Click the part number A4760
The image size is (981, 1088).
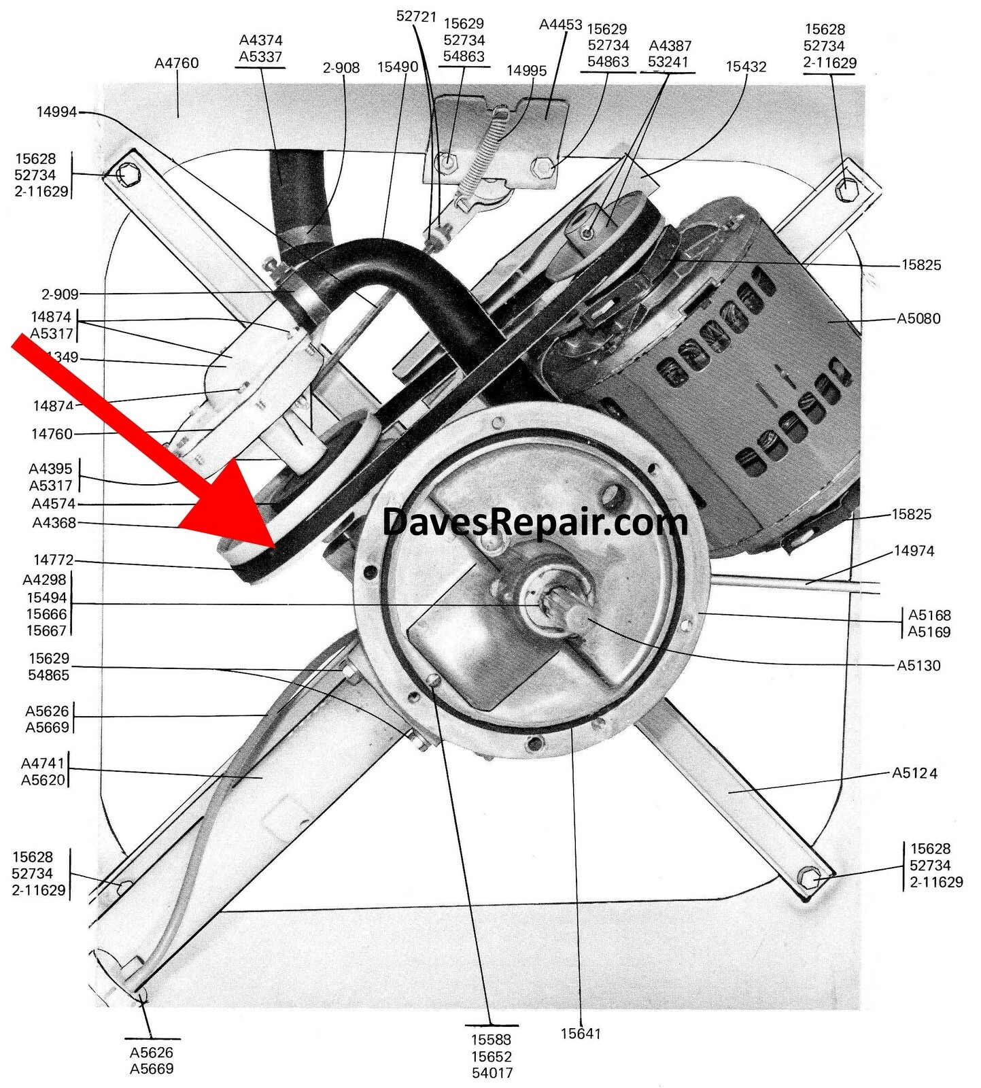click(x=177, y=63)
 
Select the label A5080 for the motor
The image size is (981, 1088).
click(x=918, y=318)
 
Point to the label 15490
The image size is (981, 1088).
click(x=398, y=67)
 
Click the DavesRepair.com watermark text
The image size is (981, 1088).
click(x=535, y=522)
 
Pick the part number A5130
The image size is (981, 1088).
click(x=918, y=665)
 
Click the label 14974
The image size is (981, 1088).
click(x=914, y=551)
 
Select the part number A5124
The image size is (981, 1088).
click(x=914, y=773)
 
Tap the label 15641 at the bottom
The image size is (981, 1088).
click(x=581, y=1034)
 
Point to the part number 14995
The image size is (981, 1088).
click(x=527, y=71)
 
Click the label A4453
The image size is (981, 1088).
click(x=561, y=25)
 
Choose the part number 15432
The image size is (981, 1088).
click(x=746, y=67)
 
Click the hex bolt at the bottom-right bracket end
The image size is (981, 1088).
click(x=809, y=878)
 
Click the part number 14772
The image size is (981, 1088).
click(x=53, y=560)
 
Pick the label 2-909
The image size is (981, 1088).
click(x=60, y=294)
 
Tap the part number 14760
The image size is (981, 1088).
click(x=52, y=434)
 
